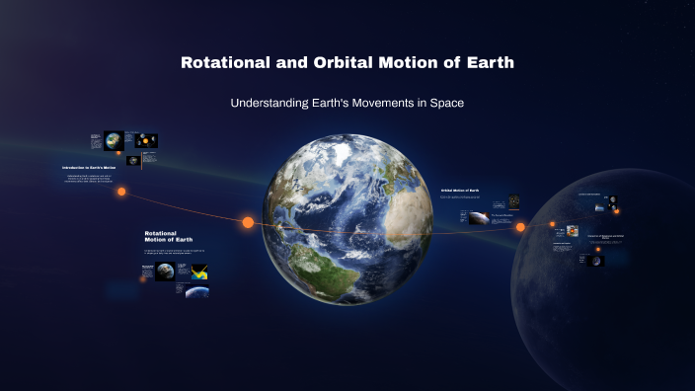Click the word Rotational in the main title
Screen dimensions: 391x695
[221, 63]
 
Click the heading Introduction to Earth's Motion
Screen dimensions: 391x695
[96, 168]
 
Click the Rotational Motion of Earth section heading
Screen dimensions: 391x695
[169, 235]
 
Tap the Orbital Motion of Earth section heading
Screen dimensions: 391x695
[459, 190]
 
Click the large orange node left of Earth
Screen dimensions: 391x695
[248, 222]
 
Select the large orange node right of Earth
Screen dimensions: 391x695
[520, 227]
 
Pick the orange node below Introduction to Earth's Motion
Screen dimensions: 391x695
[121, 192]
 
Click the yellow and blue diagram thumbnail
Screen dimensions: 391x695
[198, 272]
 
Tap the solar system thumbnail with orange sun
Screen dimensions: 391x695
[146, 140]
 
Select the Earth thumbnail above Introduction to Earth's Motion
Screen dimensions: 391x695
[114, 140]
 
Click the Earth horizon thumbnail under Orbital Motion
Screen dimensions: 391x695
[478, 219]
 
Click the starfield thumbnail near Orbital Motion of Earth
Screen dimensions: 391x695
[514, 200]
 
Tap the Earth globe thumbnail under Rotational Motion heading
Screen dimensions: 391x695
[165, 272]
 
